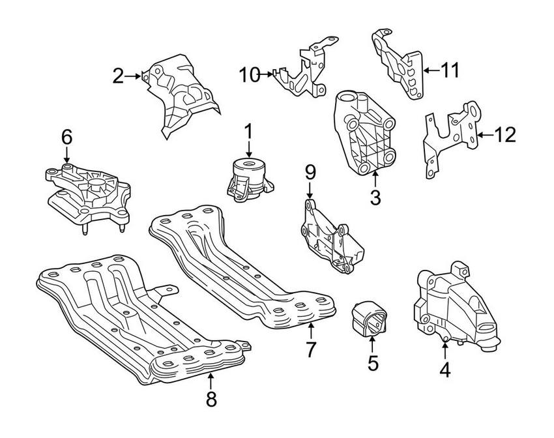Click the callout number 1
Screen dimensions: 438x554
[x=248, y=131]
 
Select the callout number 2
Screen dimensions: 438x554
[x=118, y=77]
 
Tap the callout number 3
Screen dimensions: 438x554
[x=375, y=197]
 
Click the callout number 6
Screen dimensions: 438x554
[x=66, y=137]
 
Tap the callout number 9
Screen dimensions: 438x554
[x=310, y=172]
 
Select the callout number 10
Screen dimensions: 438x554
[x=248, y=75]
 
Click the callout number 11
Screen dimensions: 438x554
[x=450, y=69]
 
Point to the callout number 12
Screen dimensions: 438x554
[x=505, y=135]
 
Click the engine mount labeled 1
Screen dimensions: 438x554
[x=248, y=179]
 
